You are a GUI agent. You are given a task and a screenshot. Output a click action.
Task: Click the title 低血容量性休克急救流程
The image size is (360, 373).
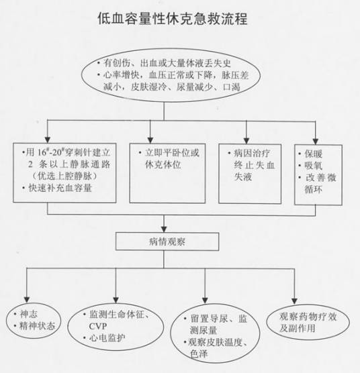pos(173,19)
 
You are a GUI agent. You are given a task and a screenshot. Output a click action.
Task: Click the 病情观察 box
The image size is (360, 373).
pos(167,242)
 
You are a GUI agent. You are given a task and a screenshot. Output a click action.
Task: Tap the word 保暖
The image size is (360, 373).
pos(314,154)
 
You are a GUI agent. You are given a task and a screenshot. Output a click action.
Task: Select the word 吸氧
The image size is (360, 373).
pos(314,166)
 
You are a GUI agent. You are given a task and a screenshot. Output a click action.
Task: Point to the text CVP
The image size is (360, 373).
pos(98,326)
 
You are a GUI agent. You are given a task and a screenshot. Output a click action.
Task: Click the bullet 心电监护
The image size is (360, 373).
pos(107,338)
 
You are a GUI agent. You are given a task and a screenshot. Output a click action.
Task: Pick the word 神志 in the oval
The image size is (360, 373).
pos(29,314)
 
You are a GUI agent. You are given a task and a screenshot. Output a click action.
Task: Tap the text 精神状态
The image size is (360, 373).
pos(37,325)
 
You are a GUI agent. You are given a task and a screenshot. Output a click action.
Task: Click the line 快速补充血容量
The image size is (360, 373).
pos(60,188)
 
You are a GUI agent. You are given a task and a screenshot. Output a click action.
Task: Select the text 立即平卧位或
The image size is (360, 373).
pos(172,153)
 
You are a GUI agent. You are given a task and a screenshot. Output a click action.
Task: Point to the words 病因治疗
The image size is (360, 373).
pos(252,153)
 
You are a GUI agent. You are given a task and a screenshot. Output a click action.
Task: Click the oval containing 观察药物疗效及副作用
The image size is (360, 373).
pos(308,322)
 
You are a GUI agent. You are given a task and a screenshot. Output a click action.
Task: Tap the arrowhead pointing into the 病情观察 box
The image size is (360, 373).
pos(164,229)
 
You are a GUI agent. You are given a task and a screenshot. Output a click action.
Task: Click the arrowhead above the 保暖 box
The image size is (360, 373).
pos(316,142)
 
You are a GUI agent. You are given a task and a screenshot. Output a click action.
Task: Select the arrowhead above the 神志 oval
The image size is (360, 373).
pos(27,299)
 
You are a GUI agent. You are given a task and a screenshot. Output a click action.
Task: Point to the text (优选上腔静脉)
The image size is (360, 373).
pos(64,176)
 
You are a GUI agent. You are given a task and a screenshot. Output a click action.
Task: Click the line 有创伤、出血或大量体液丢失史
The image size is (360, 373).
pos(167,63)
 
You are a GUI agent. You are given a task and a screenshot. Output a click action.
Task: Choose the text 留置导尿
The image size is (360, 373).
pos(209,319)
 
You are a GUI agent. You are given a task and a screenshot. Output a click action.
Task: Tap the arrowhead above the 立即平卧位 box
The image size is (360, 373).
pos(150,140)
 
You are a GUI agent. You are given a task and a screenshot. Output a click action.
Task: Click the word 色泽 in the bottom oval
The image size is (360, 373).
pos(199,354)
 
